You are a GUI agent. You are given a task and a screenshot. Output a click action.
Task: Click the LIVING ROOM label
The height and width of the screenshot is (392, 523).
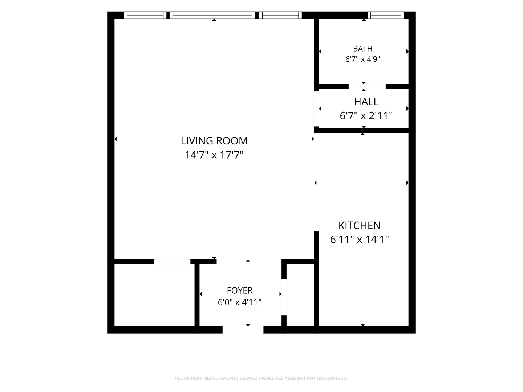tap(214, 141)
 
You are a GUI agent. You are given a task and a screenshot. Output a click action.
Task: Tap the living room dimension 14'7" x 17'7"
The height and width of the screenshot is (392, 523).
tap(214, 155)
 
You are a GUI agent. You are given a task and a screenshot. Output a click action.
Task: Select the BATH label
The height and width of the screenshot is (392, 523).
tap(362, 49)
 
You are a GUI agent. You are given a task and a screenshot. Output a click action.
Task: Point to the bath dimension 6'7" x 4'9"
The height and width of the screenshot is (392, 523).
tap(362, 59)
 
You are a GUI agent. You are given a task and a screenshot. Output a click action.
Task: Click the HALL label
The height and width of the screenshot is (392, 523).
tap(366, 102)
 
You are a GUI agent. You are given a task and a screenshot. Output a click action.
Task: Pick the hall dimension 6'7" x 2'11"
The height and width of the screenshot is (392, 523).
tap(366, 116)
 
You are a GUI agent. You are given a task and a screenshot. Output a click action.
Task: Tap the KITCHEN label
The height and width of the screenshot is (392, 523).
tap(359, 226)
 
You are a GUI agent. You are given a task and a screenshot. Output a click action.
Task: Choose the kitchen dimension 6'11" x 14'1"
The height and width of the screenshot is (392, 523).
tap(359, 240)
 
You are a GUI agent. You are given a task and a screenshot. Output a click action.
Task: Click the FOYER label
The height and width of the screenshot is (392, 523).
tap(239, 291)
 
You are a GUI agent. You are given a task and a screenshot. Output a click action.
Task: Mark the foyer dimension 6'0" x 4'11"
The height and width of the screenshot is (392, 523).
tap(239, 302)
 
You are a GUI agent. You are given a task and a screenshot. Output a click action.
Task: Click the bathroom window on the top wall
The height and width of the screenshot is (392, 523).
tap(386, 15)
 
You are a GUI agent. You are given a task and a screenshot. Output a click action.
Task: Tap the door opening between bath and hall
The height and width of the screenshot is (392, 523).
tap(367, 87)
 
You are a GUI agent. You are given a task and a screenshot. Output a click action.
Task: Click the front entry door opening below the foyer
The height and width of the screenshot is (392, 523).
tap(243, 330)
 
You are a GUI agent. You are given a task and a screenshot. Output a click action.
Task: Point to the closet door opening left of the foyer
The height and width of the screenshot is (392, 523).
tap(172, 262)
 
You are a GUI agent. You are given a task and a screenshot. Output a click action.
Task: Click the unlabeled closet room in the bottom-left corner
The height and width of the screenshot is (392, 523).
tap(154, 295)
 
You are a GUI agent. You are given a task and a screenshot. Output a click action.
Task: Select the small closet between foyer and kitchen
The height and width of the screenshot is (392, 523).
tap(300, 295)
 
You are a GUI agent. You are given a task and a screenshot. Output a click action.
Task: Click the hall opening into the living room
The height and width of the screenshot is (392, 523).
tap(316, 109)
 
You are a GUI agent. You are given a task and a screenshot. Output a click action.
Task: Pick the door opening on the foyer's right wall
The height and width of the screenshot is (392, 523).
tap(284, 297)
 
